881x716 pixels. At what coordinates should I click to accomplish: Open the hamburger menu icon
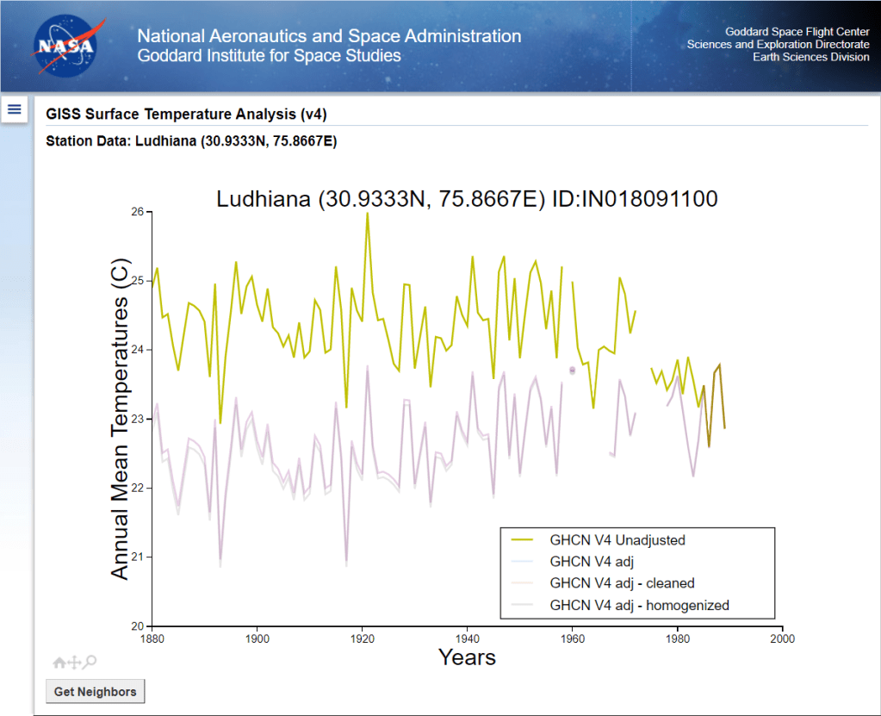pyautogui.click(x=15, y=109)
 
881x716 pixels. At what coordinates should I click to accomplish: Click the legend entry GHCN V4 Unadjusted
pyautogui.click(x=617, y=540)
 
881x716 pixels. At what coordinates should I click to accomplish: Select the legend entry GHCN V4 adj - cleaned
pyautogui.click(x=622, y=583)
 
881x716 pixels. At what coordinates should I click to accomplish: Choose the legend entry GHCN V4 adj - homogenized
pyautogui.click(x=639, y=605)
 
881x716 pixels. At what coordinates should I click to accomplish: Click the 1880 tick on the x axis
pyautogui.click(x=152, y=640)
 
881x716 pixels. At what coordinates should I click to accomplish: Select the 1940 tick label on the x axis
pyautogui.click(x=467, y=640)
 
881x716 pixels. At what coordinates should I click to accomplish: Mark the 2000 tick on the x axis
pyautogui.click(x=782, y=640)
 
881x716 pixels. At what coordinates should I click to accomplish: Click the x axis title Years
pyautogui.click(x=467, y=657)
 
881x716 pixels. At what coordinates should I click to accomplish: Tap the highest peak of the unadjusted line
pyautogui.click(x=367, y=214)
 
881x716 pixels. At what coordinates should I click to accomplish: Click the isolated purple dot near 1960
pyautogui.click(x=572, y=370)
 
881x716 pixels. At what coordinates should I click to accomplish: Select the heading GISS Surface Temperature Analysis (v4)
pyautogui.click(x=186, y=115)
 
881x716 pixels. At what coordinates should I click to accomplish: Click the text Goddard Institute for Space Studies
pyautogui.click(x=269, y=56)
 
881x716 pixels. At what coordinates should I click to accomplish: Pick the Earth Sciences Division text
pyautogui.click(x=810, y=58)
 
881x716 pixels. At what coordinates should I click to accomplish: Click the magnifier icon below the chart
pyautogui.click(x=90, y=662)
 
